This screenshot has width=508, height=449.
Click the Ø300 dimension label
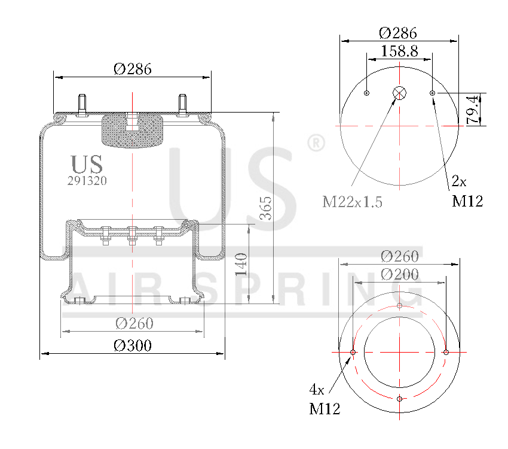[132, 345]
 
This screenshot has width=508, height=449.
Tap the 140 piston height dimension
[241, 264]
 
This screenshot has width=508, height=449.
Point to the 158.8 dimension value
[399, 51]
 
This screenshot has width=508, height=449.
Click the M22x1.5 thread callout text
[352, 202]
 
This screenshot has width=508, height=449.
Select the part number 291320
[87, 180]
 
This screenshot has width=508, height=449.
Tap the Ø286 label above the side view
[132, 68]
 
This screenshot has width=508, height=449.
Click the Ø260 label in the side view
[134, 323]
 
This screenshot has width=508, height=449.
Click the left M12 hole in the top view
[367, 93]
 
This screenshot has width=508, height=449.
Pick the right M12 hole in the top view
[432, 93]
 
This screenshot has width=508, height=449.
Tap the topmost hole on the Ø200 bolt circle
[399, 305]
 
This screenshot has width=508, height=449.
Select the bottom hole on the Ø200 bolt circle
[399, 399]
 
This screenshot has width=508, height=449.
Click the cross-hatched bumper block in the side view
[132, 131]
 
